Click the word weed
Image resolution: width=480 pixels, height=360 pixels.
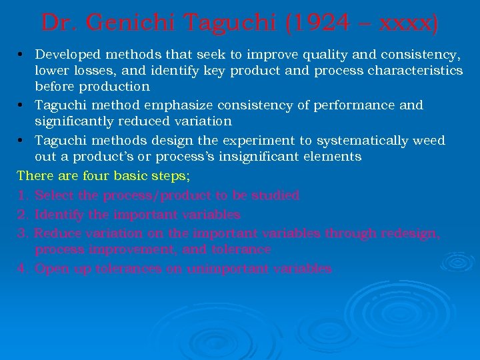429,141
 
